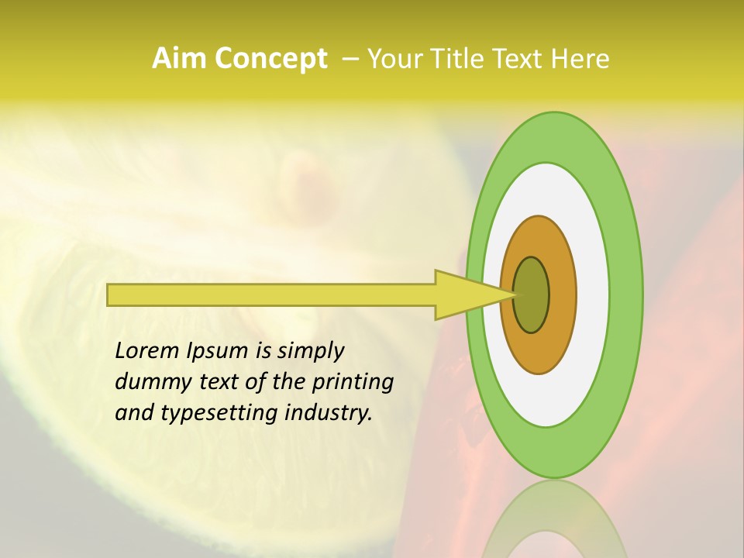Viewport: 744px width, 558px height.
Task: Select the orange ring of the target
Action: (x=562, y=295)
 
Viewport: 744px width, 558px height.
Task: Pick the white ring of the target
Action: (x=592, y=295)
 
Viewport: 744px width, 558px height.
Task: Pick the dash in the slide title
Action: (x=350, y=59)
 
